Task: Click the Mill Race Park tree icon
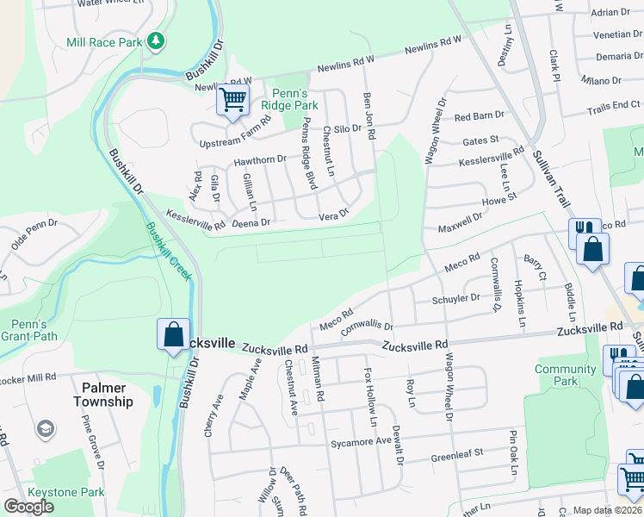[x=156, y=40]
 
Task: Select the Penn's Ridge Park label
[x=283, y=98]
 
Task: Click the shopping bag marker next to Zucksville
[x=172, y=334]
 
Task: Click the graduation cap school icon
[x=45, y=429]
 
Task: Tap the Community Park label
[x=565, y=375]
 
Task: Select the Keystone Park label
[x=66, y=492]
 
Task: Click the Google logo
[x=28, y=507]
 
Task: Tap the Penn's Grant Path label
[x=28, y=331]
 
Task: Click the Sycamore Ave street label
[x=361, y=440]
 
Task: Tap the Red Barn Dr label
[x=480, y=115]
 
